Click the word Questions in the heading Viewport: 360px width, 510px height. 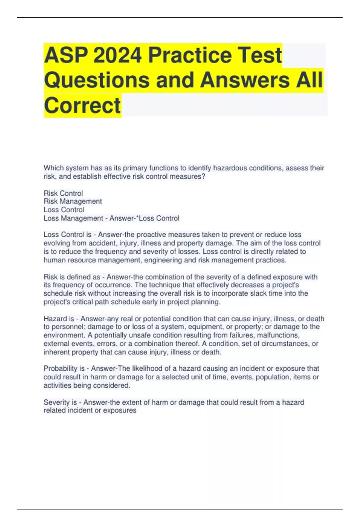(x=97, y=80)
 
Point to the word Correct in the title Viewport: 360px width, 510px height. (x=82, y=105)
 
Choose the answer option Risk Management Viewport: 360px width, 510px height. (x=73, y=201)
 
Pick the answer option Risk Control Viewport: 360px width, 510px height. (x=63, y=193)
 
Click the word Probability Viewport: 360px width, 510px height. (x=61, y=368)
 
